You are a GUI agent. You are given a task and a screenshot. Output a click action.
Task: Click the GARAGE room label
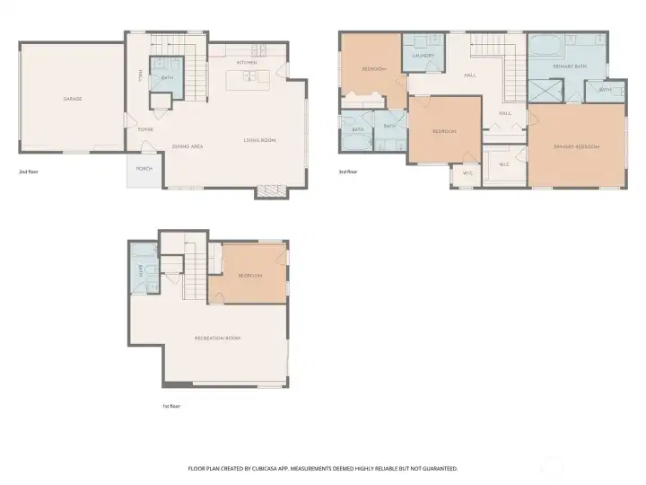pyautogui.click(x=72, y=99)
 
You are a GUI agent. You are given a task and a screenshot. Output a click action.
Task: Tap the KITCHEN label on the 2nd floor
pyautogui.click(x=247, y=62)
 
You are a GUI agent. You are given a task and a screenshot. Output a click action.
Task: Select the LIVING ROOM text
pyautogui.click(x=259, y=140)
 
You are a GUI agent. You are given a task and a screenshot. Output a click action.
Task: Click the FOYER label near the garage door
pyautogui.click(x=144, y=129)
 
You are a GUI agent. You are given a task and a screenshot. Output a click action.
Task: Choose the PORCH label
pyautogui.click(x=144, y=168)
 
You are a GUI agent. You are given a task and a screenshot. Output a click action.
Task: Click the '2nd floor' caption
pyautogui.click(x=29, y=171)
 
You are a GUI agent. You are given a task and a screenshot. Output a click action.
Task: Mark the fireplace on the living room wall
pyautogui.click(x=270, y=190)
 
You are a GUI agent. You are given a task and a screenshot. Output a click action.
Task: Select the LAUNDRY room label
pyautogui.click(x=423, y=56)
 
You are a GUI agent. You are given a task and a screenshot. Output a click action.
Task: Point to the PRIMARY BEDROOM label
pyautogui.click(x=576, y=146)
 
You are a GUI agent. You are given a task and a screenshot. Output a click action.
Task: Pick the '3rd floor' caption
pyautogui.click(x=347, y=171)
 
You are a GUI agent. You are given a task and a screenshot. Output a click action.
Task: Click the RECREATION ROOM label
pyautogui.click(x=217, y=338)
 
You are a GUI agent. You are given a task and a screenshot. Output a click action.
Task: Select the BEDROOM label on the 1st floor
pyautogui.click(x=250, y=276)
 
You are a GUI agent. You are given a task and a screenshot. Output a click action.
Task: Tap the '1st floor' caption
pyautogui.click(x=172, y=406)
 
